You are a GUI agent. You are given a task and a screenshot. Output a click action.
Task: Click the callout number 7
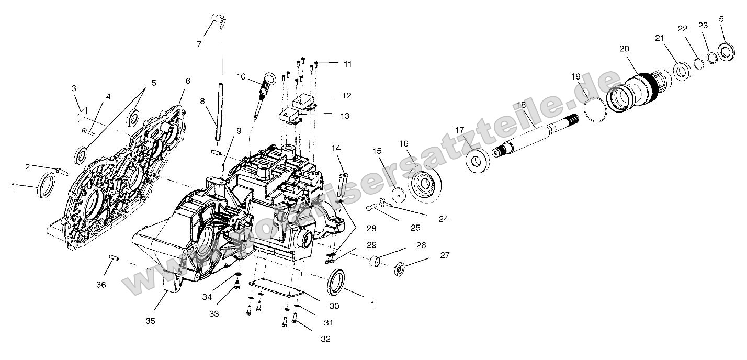click(x=199, y=44)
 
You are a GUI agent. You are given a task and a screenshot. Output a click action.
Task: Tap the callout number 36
click(x=101, y=285)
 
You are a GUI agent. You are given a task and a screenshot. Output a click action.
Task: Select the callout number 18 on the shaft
click(x=520, y=105)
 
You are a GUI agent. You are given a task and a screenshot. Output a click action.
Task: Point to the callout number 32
click(x=325, y=339)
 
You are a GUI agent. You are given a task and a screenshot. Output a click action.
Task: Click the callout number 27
click(x=445, y=255)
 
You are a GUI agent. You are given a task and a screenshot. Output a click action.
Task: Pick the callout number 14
click(x=335, y=149)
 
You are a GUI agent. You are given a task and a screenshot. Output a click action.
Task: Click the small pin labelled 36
click(x=115, y=257)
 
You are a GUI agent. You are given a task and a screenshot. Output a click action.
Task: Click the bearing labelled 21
click(x=681, y=71)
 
